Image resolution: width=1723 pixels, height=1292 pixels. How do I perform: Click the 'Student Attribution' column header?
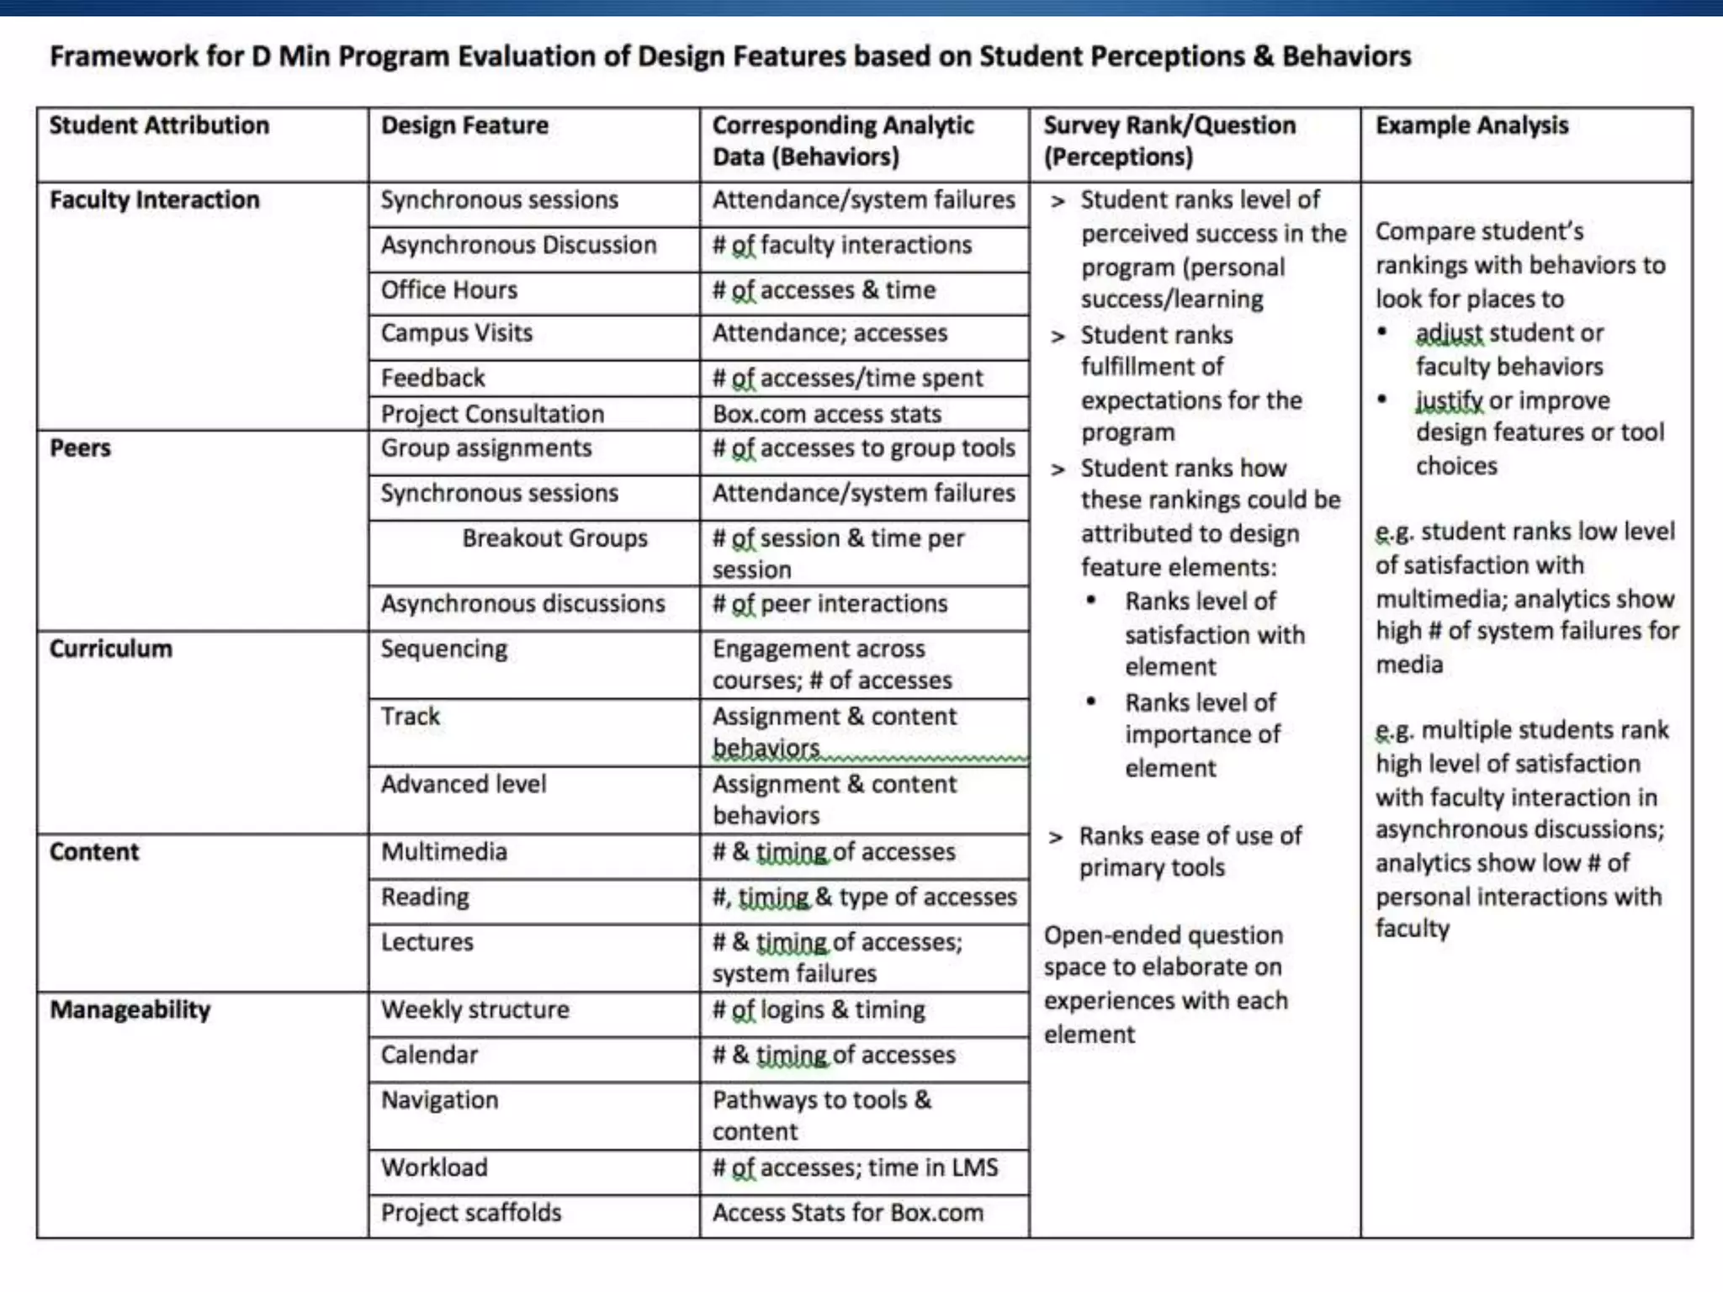(159, 125)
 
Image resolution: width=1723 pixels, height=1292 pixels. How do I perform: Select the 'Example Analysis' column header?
(1471, 125)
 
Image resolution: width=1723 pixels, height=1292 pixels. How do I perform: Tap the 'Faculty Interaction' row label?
(154, 200)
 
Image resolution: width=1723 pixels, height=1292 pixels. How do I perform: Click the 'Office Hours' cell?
(449, 290)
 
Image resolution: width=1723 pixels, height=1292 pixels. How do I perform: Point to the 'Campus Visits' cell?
(457, 333)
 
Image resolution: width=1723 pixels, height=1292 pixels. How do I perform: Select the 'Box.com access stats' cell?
(826, 414)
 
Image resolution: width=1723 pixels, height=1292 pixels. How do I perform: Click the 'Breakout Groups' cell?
(554, 538)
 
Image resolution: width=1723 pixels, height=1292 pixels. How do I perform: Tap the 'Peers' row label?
(80, 448)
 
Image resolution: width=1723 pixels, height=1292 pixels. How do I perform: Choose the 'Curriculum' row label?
(110, 649)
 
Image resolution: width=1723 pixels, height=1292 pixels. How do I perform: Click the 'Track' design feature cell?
(411, 717)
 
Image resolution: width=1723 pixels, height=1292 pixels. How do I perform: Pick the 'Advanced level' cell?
(464, 784)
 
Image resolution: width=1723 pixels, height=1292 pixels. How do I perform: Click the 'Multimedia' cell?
(444, 852)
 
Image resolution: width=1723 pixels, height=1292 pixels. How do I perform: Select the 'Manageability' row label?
(130, 1010)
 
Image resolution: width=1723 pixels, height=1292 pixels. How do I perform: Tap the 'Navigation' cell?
(439, 1100)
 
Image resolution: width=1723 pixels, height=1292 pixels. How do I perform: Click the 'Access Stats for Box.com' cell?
(847, 1213)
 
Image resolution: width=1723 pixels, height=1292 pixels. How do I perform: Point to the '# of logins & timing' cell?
(819, 1010)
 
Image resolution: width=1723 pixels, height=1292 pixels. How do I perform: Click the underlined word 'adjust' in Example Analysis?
(1449, 334)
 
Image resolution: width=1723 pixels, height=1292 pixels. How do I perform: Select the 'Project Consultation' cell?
(492, 414)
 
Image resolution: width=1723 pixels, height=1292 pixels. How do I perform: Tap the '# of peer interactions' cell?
(830, 604)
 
